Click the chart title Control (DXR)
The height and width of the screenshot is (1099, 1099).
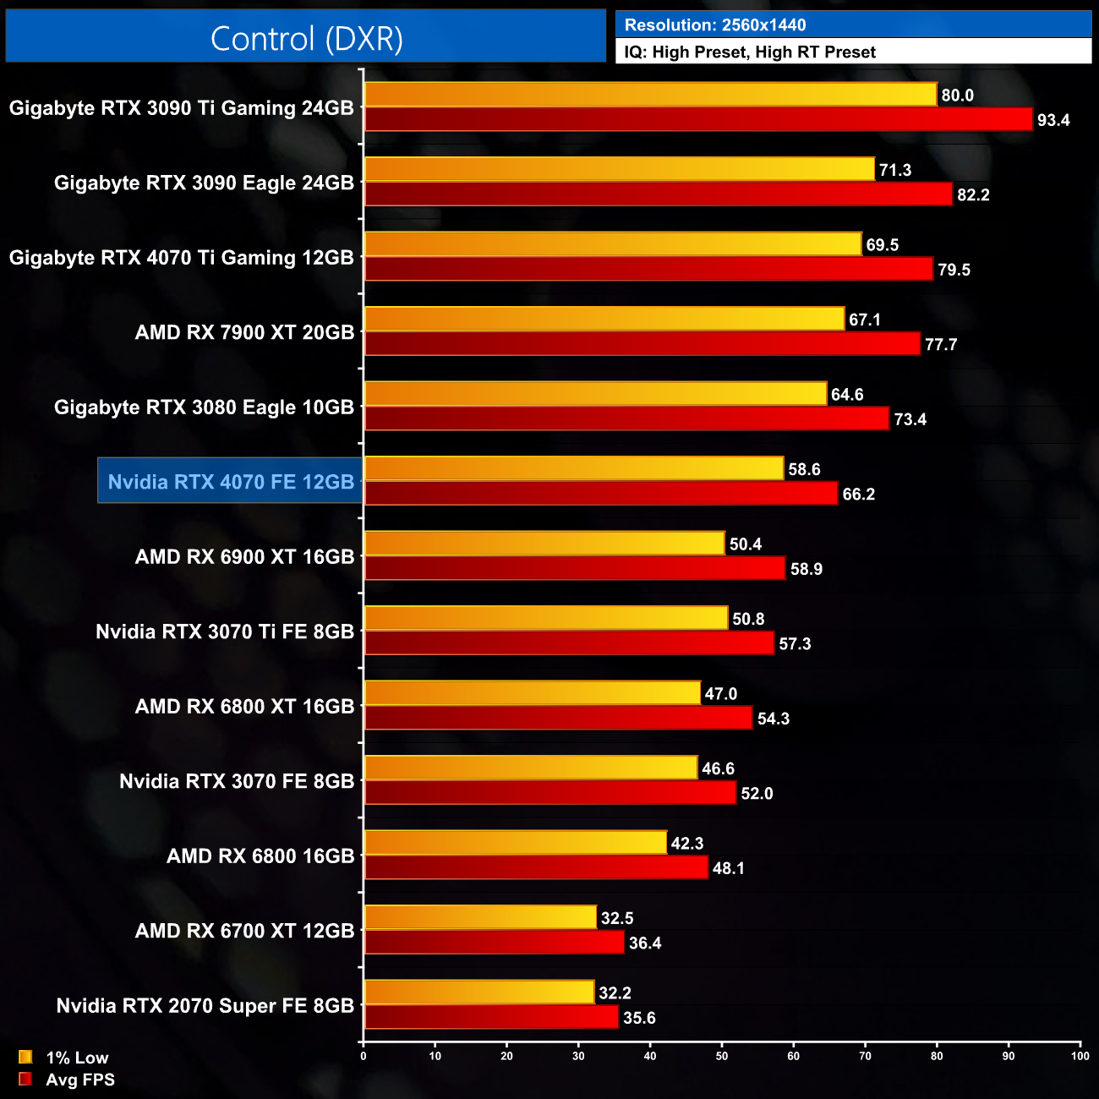(306, 39)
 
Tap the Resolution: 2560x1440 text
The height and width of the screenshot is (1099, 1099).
(715, 25)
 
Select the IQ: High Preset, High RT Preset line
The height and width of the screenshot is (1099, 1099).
(750, 52)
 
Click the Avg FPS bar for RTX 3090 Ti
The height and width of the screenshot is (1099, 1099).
(698, 120)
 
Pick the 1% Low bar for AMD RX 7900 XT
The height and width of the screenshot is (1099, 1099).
(604, 320)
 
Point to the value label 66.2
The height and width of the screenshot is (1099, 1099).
(859, 495)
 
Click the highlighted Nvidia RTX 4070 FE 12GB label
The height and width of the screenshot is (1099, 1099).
(231, 482)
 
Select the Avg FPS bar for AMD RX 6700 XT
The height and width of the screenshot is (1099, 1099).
(494, 943)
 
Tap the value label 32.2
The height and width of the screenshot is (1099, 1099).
(615, 993)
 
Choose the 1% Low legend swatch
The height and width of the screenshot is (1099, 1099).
(25, 1057)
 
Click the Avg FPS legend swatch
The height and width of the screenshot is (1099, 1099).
(25, 1079)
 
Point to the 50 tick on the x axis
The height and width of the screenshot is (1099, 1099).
(722, 1056)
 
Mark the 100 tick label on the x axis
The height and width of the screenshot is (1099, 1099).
(1080, 1056)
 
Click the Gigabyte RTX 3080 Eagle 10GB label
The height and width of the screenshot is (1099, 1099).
(204, 407)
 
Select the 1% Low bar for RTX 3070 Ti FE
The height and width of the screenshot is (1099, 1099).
(545, 619)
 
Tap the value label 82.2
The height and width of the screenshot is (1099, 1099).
(973, 195)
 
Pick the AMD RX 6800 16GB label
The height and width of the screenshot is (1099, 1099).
(260, 856)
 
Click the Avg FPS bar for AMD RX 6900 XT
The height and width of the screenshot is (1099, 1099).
(575, 569)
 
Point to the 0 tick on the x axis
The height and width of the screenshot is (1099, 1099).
(364, 1056)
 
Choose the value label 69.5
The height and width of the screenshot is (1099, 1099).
(883, 245)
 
